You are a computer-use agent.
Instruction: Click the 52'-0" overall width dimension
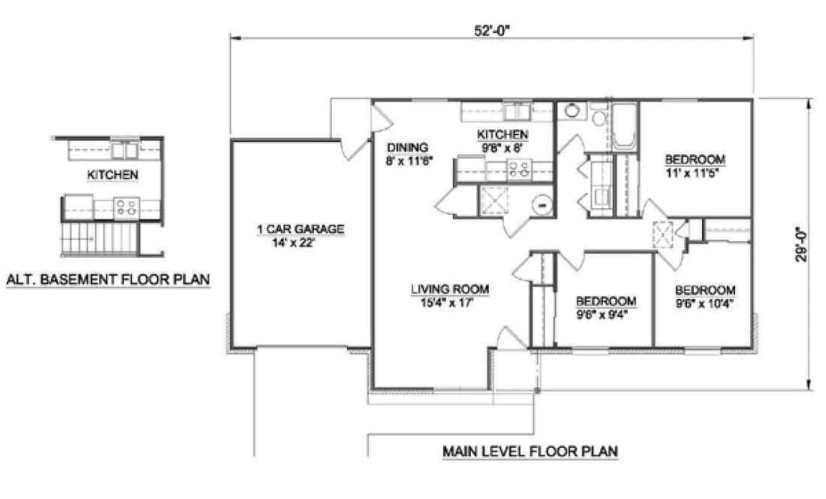pos(492,30)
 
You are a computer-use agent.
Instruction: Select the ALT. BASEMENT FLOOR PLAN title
pos(108,280)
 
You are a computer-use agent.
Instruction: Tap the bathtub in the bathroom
pos(625,128)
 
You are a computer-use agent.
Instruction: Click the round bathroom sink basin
pos(572,110)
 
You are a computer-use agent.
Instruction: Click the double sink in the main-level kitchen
pos(517,112)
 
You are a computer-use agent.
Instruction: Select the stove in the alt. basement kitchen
pos(127,205)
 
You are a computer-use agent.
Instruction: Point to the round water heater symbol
pos(541,203)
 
